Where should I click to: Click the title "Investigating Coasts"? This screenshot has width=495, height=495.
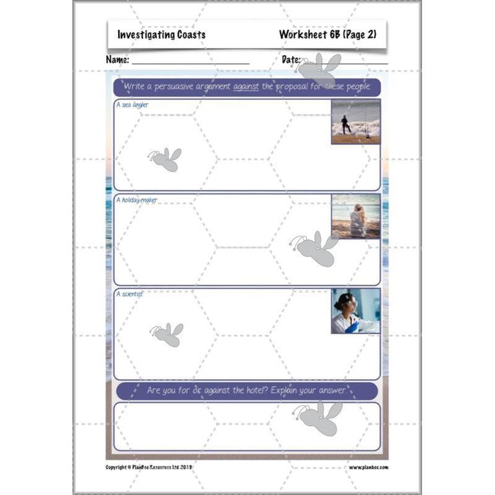(161, 35)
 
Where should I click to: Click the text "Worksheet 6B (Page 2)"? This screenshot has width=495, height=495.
(328, 35)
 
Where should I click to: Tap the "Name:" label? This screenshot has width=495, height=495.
(117, 60)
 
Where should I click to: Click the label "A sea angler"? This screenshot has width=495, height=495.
(132, 105)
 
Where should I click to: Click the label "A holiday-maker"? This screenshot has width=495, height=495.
(136, 200)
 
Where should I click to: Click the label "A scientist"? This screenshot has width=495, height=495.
(129, 294)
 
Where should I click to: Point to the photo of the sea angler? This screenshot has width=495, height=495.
(355, 122)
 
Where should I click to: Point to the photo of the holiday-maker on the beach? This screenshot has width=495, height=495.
(355, 216)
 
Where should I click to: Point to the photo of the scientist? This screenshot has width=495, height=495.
(355, 311)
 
